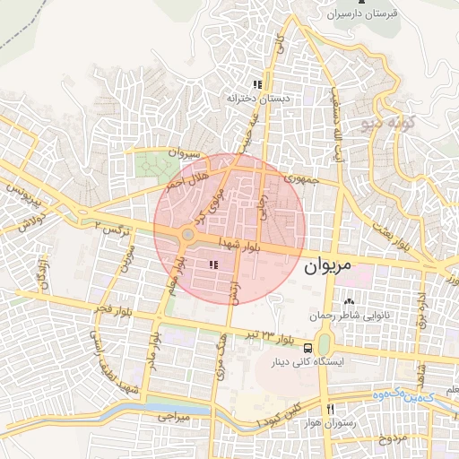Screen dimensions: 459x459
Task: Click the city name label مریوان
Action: [334, 266]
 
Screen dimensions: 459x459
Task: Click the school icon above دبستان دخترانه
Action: [257, 83]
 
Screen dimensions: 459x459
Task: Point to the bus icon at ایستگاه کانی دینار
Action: [308, 347]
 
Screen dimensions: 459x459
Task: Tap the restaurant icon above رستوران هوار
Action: [331, 410]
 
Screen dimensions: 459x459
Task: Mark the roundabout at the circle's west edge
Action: [186, 236]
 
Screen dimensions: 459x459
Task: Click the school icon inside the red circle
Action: [213, 264]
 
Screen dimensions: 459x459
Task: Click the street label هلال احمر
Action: [186, 178]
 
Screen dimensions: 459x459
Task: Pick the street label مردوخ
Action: [392, 438]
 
